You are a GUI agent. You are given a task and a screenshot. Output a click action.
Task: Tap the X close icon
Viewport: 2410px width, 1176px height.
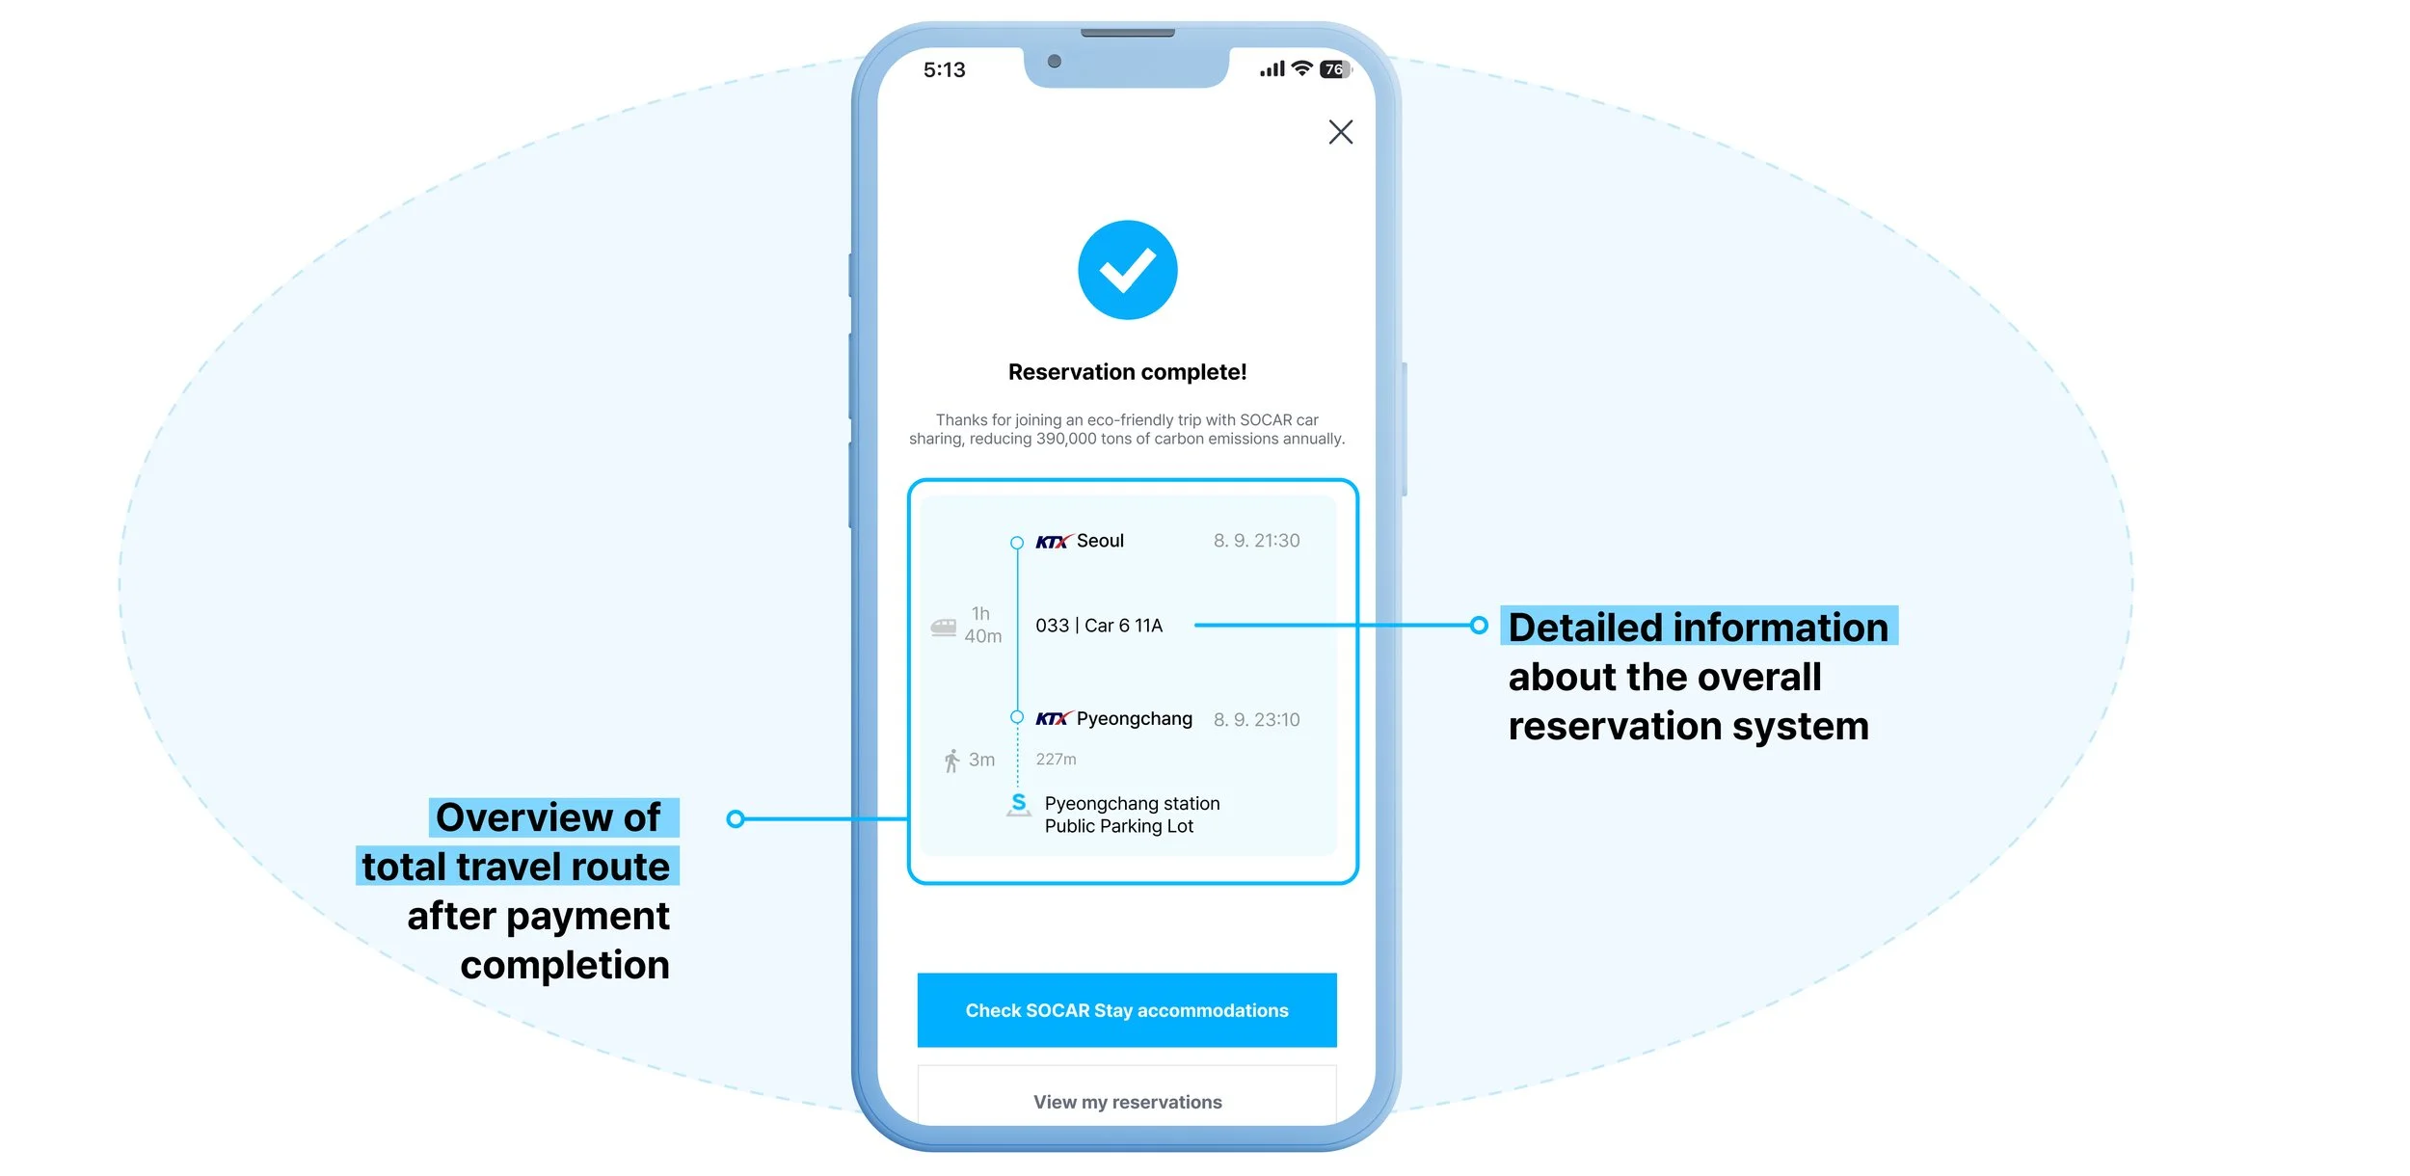(x=1340, y=132)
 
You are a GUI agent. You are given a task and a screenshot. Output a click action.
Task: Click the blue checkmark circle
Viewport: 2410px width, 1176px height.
(x=1127, y=270)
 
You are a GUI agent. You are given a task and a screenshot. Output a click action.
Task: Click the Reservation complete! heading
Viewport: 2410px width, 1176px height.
(x=1127, y=372)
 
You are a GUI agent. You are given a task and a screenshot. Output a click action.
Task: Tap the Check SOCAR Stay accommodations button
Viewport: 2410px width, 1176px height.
(x=1127, y=1009)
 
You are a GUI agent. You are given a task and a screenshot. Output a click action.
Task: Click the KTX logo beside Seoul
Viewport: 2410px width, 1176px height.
(x=1053, y=542)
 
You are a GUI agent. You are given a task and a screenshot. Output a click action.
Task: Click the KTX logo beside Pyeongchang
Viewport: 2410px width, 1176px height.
(x=1053, y=719)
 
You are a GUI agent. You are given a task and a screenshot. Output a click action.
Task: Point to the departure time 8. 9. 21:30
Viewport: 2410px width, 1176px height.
(x=1256, y=541)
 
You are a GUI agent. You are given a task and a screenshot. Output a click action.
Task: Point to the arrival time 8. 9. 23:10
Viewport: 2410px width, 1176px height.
(x=1256, y=720)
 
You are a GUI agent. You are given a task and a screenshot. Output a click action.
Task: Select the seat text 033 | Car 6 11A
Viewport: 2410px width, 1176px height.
(x=1099, y=626)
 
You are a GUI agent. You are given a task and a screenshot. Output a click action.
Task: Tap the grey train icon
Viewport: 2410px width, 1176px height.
(x=944, y=628)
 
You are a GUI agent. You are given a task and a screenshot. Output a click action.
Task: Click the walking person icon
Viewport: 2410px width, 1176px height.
(x=951, y=762)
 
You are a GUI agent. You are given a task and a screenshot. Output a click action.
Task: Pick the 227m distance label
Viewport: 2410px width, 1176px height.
(x=1056, y=760)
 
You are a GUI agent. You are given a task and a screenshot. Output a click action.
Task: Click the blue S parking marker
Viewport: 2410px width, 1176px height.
(x=1019, y=804)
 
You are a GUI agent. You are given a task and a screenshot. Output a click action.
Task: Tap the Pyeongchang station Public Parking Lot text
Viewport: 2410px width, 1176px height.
(x=1132, y=815)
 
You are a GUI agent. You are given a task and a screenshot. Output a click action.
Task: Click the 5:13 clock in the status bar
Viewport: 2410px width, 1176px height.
(x=944, y=70)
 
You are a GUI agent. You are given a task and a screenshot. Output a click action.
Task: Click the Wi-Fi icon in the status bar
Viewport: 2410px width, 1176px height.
(x=1301, y=68)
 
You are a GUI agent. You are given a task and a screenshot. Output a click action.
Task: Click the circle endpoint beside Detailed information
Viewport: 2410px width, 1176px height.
(x=1479, y=626)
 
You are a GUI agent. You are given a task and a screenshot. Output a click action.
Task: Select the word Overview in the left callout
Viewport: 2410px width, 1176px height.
(x=524, y=817)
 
